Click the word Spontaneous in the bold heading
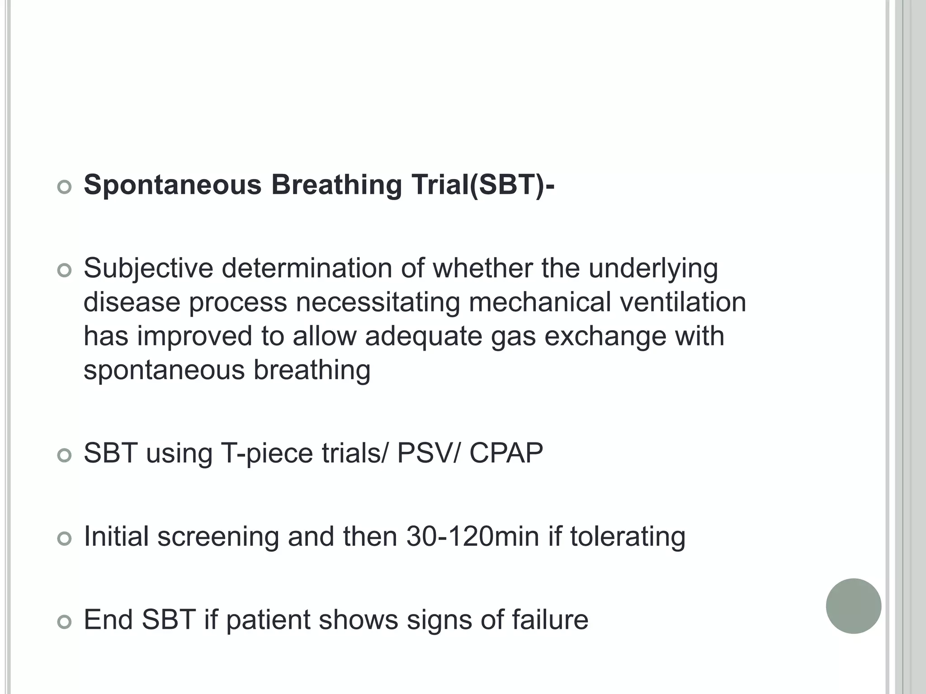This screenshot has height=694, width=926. (173, 185)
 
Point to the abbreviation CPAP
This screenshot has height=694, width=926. (506, 453)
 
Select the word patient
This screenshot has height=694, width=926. (268, 619)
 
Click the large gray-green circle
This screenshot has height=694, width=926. (853, 606)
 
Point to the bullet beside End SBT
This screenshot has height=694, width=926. (65, 622)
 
